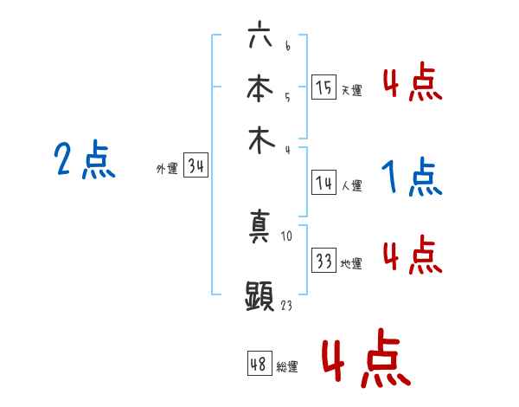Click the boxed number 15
[x=324, y=87]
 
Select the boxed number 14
[x=324, y=183]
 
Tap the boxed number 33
[x=324, y=261]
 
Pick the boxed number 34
[x=195, y=167]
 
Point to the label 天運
[x=351, y=90]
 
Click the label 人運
[x=351, y=185]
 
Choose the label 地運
[x=351, y=263]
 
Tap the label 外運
[x=167, y=170]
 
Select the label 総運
[x=287, y=366]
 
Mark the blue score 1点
[x=412, y=178]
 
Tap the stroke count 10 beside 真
[x=288, y=235]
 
